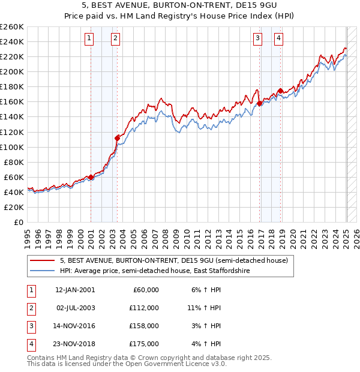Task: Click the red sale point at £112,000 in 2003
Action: click(117, 138)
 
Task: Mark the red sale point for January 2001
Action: click(91, 177)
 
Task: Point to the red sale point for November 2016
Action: click(259, 103)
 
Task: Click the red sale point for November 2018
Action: click(281, 91)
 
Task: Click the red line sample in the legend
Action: click(43, 260)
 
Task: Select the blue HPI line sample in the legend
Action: click(43, 271)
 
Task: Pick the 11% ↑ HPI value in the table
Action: click(204, 308)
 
